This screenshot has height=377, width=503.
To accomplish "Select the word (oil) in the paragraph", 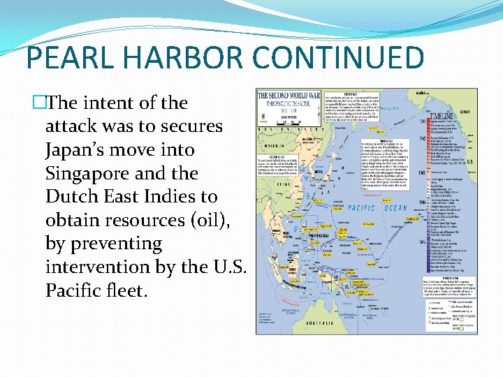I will (x=198, y=221).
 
